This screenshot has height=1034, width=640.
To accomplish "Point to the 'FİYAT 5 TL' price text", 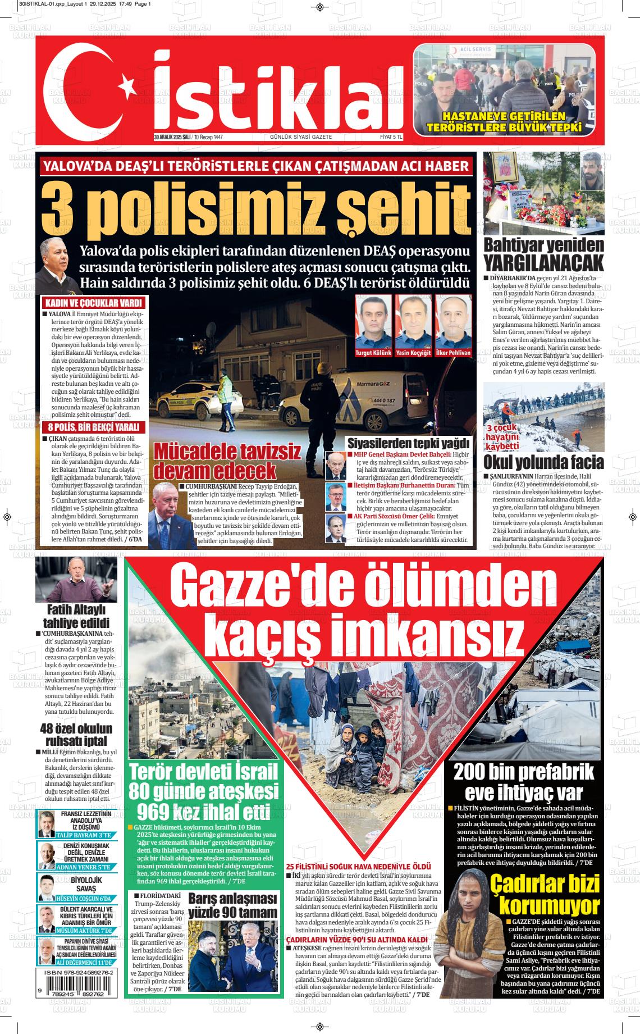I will pos(391,137).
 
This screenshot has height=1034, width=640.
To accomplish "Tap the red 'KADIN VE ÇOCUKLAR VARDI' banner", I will pos(94,302).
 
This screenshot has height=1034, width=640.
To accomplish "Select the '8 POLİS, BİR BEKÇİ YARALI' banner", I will pos(94,427).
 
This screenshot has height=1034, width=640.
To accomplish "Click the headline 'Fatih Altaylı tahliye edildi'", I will pos(76,616).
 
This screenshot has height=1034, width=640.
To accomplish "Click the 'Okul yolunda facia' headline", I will pos(543,462).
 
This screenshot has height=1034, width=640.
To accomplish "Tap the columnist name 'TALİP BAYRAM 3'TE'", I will pos(84,835).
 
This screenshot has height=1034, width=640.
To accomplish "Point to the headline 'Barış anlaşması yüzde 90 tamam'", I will pos(232,905).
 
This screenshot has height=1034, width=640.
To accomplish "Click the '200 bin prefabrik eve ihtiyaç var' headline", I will pos(523,782).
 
